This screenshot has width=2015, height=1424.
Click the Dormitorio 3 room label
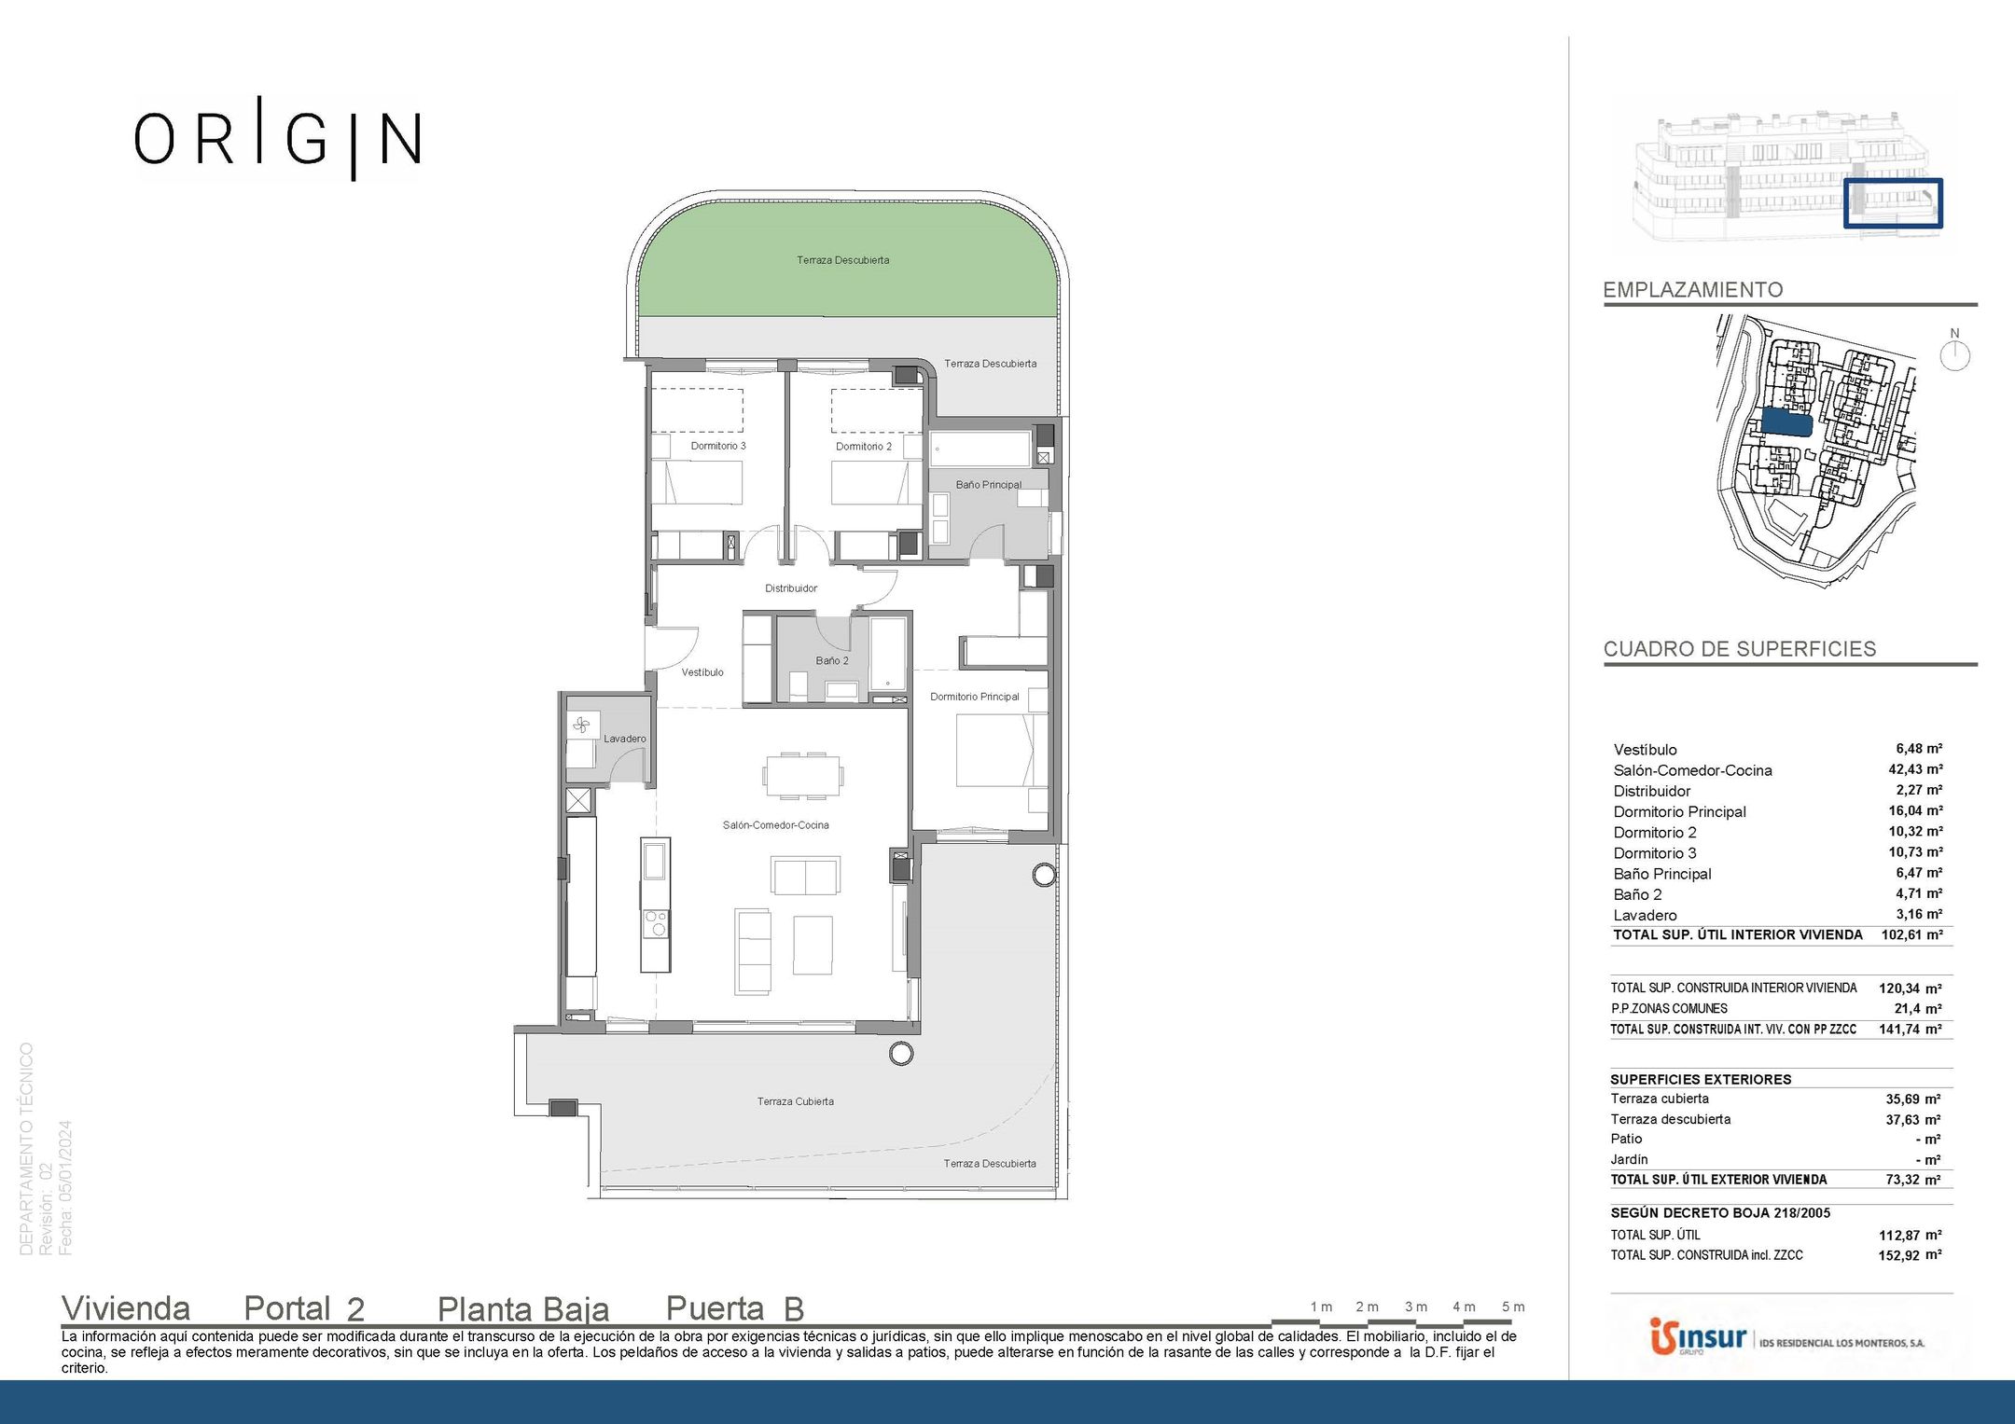[x=718, y=446]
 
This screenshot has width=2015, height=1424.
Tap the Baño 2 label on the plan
[x=832, y=660]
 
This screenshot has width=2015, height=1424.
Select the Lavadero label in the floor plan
[x=624, y=739]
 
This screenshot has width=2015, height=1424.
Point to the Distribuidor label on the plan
[x=791, y=588]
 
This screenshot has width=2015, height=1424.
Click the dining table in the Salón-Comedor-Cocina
[x=803, y=776]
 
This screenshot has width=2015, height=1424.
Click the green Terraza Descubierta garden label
[x=843, y=260]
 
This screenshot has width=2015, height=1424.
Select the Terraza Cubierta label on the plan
[x=796, y=1101]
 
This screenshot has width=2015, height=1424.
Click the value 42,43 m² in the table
[x=1915, y=769]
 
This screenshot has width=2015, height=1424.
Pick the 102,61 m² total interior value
[x=1911, y=934]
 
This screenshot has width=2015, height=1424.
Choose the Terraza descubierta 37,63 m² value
[x=1913, y=1119]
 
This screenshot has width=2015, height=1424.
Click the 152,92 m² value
[x=1910, y=1255]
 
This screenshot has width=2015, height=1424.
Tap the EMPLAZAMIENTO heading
[x=1693, y=290]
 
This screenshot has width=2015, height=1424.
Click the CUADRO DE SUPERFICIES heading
[x=1740, y=649]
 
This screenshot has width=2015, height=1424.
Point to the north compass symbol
[x=1954, y=352]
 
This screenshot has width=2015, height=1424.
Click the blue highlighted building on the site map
[x=1786, y=423]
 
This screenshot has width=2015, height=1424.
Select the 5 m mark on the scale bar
[x=1513, y=1306]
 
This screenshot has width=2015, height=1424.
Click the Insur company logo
[x=1698, y=1338]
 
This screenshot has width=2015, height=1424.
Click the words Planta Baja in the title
[x=523, y=1309]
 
